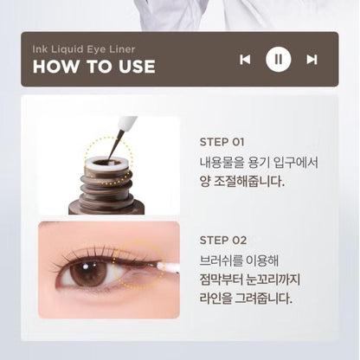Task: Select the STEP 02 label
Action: tap(223, 240)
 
